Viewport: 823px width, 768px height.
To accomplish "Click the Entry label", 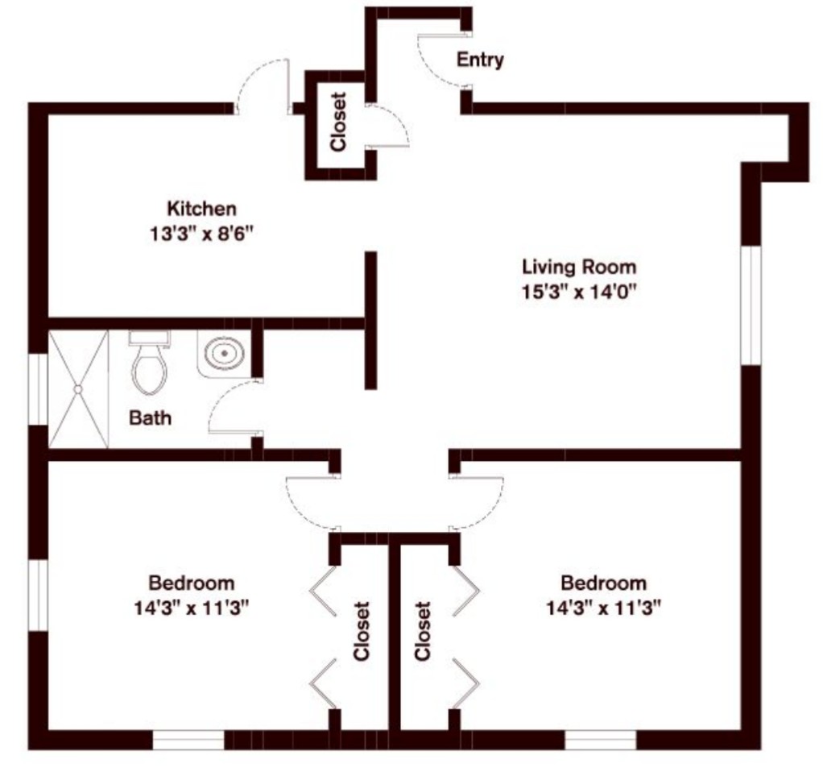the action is [480, 60].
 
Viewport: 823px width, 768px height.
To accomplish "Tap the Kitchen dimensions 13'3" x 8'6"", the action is [202, 233].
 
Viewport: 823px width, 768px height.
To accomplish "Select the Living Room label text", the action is [579, 267].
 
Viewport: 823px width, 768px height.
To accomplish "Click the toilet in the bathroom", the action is [150, 363].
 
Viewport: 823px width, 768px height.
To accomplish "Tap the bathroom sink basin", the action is [225, 354].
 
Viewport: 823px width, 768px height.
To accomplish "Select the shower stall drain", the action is [78, 389].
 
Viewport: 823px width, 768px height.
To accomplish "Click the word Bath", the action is [150, 418].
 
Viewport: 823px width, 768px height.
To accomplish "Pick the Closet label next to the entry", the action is [338, 122].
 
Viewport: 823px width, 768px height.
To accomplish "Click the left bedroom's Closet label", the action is [362, 631].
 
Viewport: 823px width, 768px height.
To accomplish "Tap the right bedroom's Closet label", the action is [423, 631].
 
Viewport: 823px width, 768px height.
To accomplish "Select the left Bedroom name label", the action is [192, 583].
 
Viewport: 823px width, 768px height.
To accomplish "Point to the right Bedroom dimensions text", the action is [604, 608].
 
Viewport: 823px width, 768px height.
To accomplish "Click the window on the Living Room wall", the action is [751, 305].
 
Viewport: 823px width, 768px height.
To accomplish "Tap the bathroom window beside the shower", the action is [38, 389].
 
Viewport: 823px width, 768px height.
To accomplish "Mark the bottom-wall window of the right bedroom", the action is [601, 740].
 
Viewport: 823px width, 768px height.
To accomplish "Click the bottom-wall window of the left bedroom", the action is [188, 740].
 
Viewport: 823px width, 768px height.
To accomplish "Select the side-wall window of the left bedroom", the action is [38, 596].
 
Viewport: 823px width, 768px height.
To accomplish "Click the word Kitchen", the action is [201, 209].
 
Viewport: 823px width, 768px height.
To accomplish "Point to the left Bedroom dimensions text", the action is [192, 608].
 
